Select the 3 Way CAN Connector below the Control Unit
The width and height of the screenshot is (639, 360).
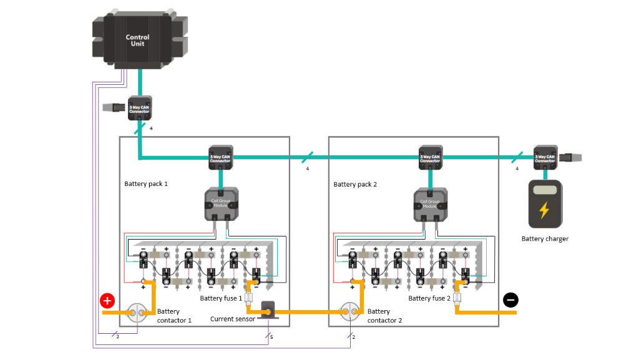click(x=139, y=108)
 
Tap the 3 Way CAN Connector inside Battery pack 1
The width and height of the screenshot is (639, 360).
click(x=220, y=158)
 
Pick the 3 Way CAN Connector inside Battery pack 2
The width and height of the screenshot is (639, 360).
click(x=429, y=158)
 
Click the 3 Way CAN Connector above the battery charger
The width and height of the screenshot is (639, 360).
click(x=545, y=158)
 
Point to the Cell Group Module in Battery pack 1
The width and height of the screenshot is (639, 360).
click(x=220, y=203)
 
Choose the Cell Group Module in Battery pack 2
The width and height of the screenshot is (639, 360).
click(x=429, y=203)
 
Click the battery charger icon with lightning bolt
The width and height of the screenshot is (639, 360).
click(x=545, y=203)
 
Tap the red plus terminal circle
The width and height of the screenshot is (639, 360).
click(x=107, y=301)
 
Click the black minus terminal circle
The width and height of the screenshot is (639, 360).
click(x=510, y=300)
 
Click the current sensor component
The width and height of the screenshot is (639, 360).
click(x=269, y=310)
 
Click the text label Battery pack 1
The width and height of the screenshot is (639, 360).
click(x=146, y=184)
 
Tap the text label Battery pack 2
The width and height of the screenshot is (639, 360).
click(x=355, y=184)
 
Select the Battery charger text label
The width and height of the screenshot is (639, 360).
click(x=545, y=238)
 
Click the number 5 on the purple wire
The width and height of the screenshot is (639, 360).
click(x=271, y=338)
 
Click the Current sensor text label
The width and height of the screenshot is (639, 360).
click(x=233, y=319)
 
